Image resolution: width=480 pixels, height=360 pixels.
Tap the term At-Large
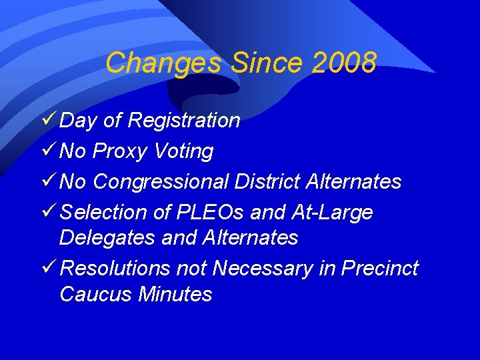point(332,213)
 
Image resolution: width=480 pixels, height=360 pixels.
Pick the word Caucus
point(95,294)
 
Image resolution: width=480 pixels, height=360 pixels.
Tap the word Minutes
point(175,294)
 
